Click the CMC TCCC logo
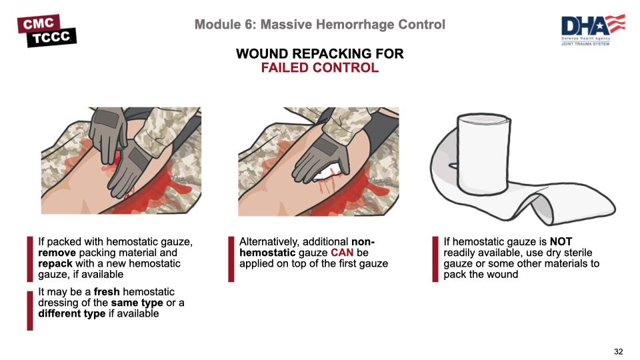coord(47,31)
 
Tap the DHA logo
coord(593,30)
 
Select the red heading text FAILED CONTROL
coord(319,68)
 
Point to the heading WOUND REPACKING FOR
coord(319,54)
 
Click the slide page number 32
coord(619,351)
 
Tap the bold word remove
coord(57,253)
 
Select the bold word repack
coord(55,264)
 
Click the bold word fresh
coord(107,292)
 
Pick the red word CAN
coord(342,253)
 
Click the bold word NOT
coord(561,241)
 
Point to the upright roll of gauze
coord(484,154)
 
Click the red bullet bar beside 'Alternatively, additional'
coord(231,259)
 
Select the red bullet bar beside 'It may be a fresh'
coord(30,311)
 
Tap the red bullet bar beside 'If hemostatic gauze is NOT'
coord(435,259)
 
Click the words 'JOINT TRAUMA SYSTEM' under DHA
coord(585,44)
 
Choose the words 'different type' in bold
coord(72,314)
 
